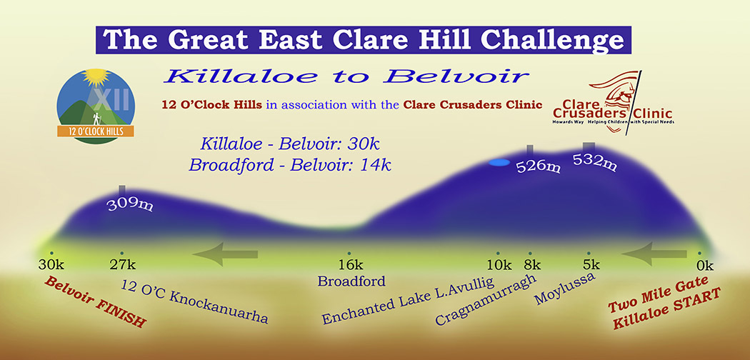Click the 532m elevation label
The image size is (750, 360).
click(594, 161)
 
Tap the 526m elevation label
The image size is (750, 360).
click(538, 166)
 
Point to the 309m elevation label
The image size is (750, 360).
click(129, 204)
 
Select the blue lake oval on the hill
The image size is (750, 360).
click(499, 163)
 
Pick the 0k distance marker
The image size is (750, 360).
click(704, 265)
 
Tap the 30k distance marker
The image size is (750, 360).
click(51, 265)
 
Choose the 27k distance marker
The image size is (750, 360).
click(122, 265)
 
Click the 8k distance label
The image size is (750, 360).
click(532, 265)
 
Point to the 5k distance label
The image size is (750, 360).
click(591, 265)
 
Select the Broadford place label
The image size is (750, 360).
click(351, 281)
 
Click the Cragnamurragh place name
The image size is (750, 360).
click(486, 300)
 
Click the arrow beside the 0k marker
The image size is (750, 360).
click(654, 254)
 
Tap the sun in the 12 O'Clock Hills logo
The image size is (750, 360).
click(96, 77)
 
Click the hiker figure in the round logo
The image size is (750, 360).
click(98, 119)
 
